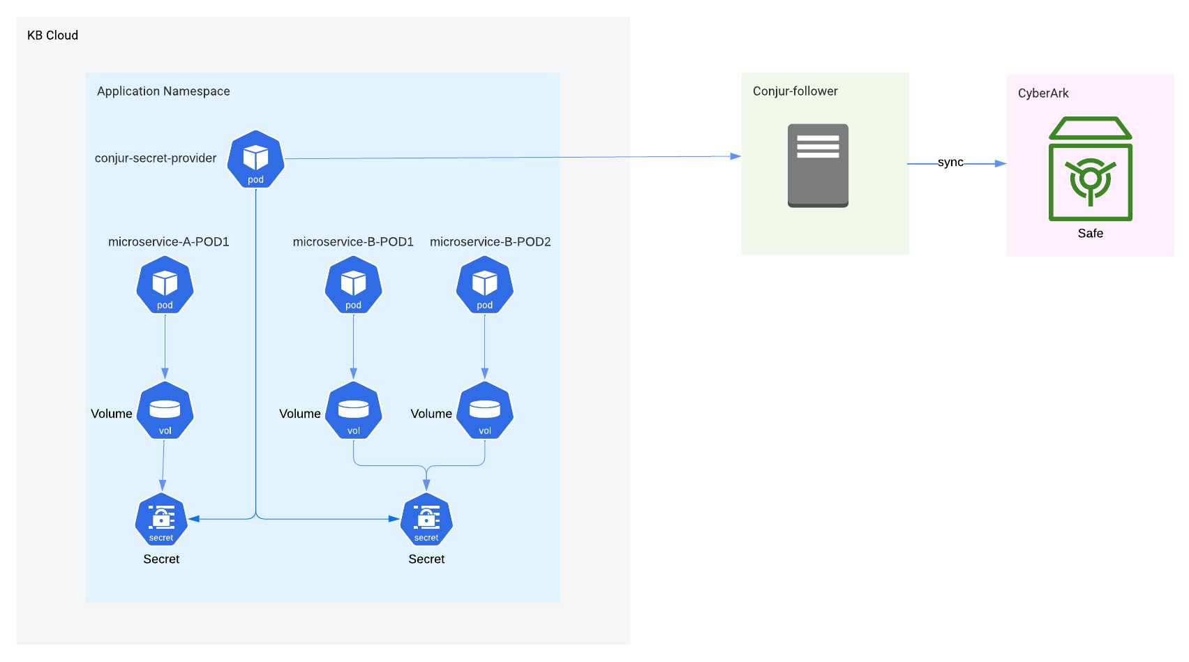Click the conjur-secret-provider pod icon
point(255,159)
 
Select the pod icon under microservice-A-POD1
point(165,285)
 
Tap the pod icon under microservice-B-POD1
point(353,285)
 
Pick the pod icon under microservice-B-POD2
point(484,285)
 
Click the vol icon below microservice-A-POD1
point(165,410)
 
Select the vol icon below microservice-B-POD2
point(484,410)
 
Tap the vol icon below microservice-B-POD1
point(353,410)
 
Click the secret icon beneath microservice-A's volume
point(161,520)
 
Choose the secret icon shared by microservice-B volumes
point(426,520)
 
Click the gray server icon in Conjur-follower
point(818,165)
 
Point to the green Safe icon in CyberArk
point(1090,170)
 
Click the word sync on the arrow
point(950,162)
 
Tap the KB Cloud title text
point(52,35)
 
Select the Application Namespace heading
point(163,91)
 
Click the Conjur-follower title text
point(795,91)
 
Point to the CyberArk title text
point(1042,93)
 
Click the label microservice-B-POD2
point(490,241)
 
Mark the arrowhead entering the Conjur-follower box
point(735,156)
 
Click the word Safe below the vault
point(1090,233)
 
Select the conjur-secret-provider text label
point(156,158)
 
